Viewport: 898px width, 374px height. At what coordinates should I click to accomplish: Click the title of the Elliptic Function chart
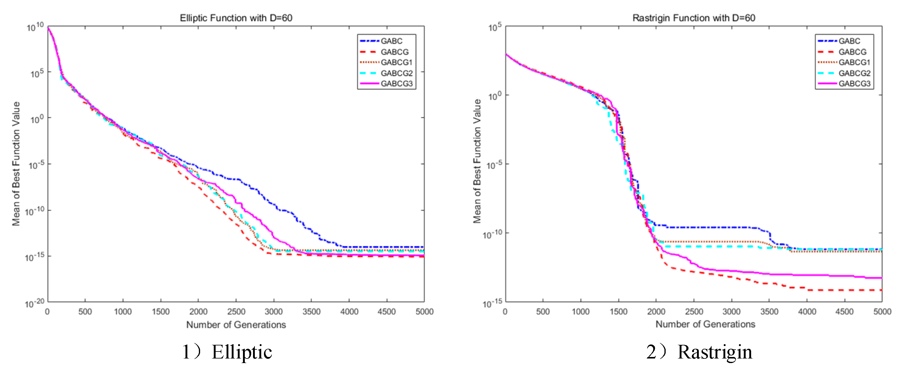(236, 18)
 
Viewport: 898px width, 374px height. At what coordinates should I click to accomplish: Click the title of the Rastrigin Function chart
(694, 18)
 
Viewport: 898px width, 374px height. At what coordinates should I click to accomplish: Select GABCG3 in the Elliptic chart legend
(396, 84)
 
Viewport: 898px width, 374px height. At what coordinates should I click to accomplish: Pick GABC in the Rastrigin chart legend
(849, 41)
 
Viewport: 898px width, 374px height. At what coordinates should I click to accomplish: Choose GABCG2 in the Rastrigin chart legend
(854, 73)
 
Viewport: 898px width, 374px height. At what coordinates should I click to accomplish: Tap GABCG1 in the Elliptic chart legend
(396, 62)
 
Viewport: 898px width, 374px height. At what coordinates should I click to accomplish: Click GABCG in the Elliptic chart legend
(394, 52)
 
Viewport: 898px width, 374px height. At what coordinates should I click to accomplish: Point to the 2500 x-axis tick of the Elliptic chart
(236, 312)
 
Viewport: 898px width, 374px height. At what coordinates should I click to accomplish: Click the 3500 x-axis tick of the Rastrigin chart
(769, 312)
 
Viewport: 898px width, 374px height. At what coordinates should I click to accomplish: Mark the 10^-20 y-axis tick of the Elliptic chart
(34, 303)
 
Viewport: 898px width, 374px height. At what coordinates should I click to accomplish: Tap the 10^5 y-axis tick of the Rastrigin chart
(495, 27)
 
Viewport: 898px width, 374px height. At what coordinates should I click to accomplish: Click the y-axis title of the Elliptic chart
(16, 164)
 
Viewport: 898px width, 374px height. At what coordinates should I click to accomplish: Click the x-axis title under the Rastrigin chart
(705, 324)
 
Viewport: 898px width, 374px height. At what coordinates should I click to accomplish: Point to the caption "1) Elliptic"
(227, 352)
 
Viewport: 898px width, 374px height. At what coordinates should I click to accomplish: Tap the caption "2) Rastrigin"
(699, 352)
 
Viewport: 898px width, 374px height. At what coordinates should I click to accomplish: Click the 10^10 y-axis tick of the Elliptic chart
(35, 27)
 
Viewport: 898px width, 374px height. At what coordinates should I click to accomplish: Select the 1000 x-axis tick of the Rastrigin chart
(581, 312)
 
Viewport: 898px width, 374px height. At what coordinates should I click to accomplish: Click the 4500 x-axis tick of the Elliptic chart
(386, 312)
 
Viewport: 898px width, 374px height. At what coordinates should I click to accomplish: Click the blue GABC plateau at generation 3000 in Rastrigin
(731, 227)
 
